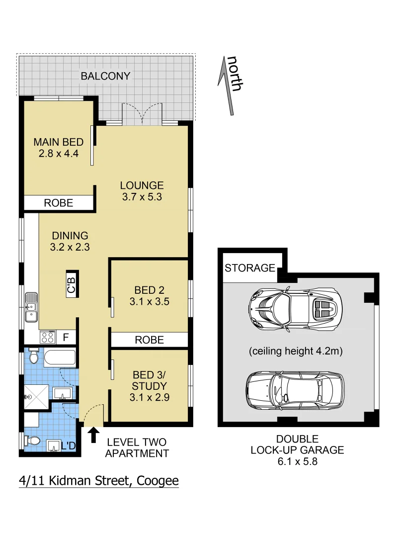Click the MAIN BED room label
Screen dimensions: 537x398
coord(58,142)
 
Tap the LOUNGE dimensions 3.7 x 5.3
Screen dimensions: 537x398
coord(142,197)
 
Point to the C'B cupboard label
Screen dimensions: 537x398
coord(72,284)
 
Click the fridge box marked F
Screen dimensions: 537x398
coord(66,338)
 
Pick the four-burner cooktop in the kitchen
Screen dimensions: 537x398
coord(47,337)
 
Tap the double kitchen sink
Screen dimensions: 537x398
coord(31,306)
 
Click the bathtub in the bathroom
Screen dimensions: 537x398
coord(59,358)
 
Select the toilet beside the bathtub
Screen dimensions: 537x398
coord(33,356)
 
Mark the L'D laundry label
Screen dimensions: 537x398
coord(68,446)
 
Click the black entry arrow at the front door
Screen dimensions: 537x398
coord(93,436)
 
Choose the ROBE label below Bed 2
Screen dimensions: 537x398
coord(150,340)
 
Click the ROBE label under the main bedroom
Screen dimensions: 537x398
coord(59,203)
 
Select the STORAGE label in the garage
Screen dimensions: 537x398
coord(250,268)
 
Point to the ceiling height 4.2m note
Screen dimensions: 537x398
coord(296,351)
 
